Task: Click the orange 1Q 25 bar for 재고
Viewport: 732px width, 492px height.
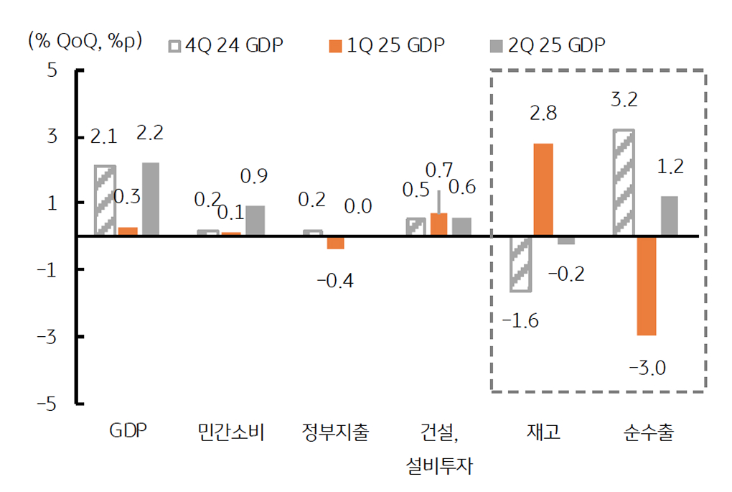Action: (543, 190)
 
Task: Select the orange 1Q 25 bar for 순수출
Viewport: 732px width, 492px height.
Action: (647, 285)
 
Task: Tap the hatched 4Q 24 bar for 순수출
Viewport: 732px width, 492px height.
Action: (624, 182)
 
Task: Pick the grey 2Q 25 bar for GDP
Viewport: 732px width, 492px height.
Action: (151, 199)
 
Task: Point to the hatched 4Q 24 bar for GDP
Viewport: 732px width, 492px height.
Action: (105, 200)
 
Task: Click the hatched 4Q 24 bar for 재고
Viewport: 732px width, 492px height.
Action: (520, 264)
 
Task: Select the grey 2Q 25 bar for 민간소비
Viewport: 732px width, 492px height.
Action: (255, 221)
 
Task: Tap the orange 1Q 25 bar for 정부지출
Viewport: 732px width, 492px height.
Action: (335, 242)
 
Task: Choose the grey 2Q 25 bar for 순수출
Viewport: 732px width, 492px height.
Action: (669, 215)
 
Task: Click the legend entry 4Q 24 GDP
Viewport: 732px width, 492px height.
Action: (225, 45)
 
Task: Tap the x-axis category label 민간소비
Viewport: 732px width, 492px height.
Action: (231, 432)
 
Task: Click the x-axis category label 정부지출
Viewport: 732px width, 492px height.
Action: (335, 432)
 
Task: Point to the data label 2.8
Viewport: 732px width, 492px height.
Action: (543, 113)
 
